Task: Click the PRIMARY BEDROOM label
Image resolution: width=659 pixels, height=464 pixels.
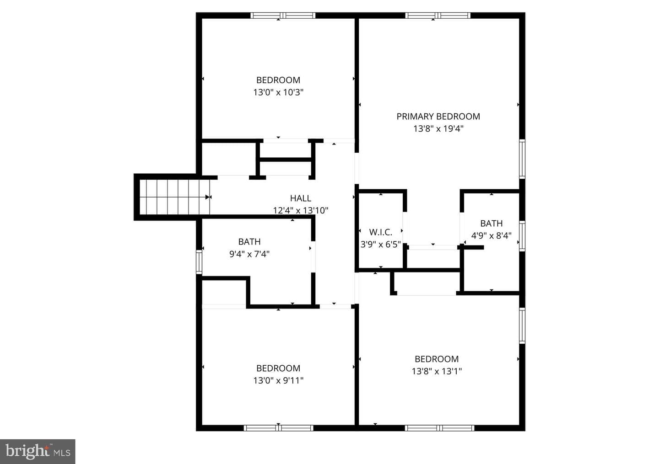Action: click(438, 117)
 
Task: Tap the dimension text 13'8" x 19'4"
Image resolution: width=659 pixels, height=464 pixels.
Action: click(438, 129)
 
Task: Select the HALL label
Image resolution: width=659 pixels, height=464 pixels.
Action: click(300, 198)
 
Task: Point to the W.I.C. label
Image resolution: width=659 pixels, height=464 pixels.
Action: click(381, 232)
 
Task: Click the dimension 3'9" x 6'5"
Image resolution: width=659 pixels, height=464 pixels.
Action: click(381, 244)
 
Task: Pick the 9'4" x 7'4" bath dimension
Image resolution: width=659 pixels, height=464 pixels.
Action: click(249, 254)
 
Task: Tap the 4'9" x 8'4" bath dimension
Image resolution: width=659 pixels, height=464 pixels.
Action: click(492, 235)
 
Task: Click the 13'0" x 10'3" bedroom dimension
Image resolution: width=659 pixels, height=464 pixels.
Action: click(278, 92)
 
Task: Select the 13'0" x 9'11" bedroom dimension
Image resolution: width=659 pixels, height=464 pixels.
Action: click(278, 380)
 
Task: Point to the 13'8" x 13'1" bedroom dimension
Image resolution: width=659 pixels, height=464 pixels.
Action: click(437, 371)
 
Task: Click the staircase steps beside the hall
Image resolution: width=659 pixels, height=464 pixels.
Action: click(174, 197)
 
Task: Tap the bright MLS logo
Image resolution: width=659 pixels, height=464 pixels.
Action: click(38, 451)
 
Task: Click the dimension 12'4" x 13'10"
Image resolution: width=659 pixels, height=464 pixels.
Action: click(300, 210)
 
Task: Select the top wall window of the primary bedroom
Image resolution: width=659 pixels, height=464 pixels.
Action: click(438, 16)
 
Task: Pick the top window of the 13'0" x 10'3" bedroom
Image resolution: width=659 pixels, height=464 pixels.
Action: click(283, 16)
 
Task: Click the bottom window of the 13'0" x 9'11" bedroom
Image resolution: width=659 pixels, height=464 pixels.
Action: click(278, 428)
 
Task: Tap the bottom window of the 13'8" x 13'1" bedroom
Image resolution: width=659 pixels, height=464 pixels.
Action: click(439, 428)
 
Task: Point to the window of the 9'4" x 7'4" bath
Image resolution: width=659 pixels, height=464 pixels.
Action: click(199, 262)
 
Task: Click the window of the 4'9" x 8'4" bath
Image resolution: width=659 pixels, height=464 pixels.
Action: click(522, 236)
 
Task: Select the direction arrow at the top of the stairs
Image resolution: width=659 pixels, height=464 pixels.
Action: click(208, 197)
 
